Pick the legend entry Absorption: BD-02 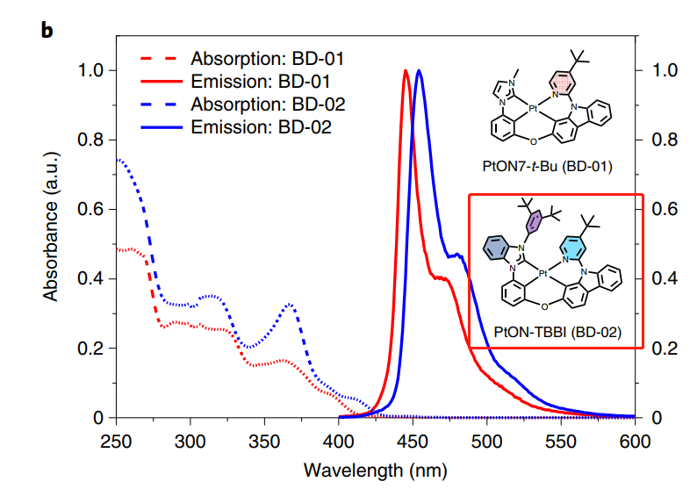266,105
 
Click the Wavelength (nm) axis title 374,469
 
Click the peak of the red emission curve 405,71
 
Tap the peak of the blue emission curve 420,71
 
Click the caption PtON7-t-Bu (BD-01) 547,165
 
